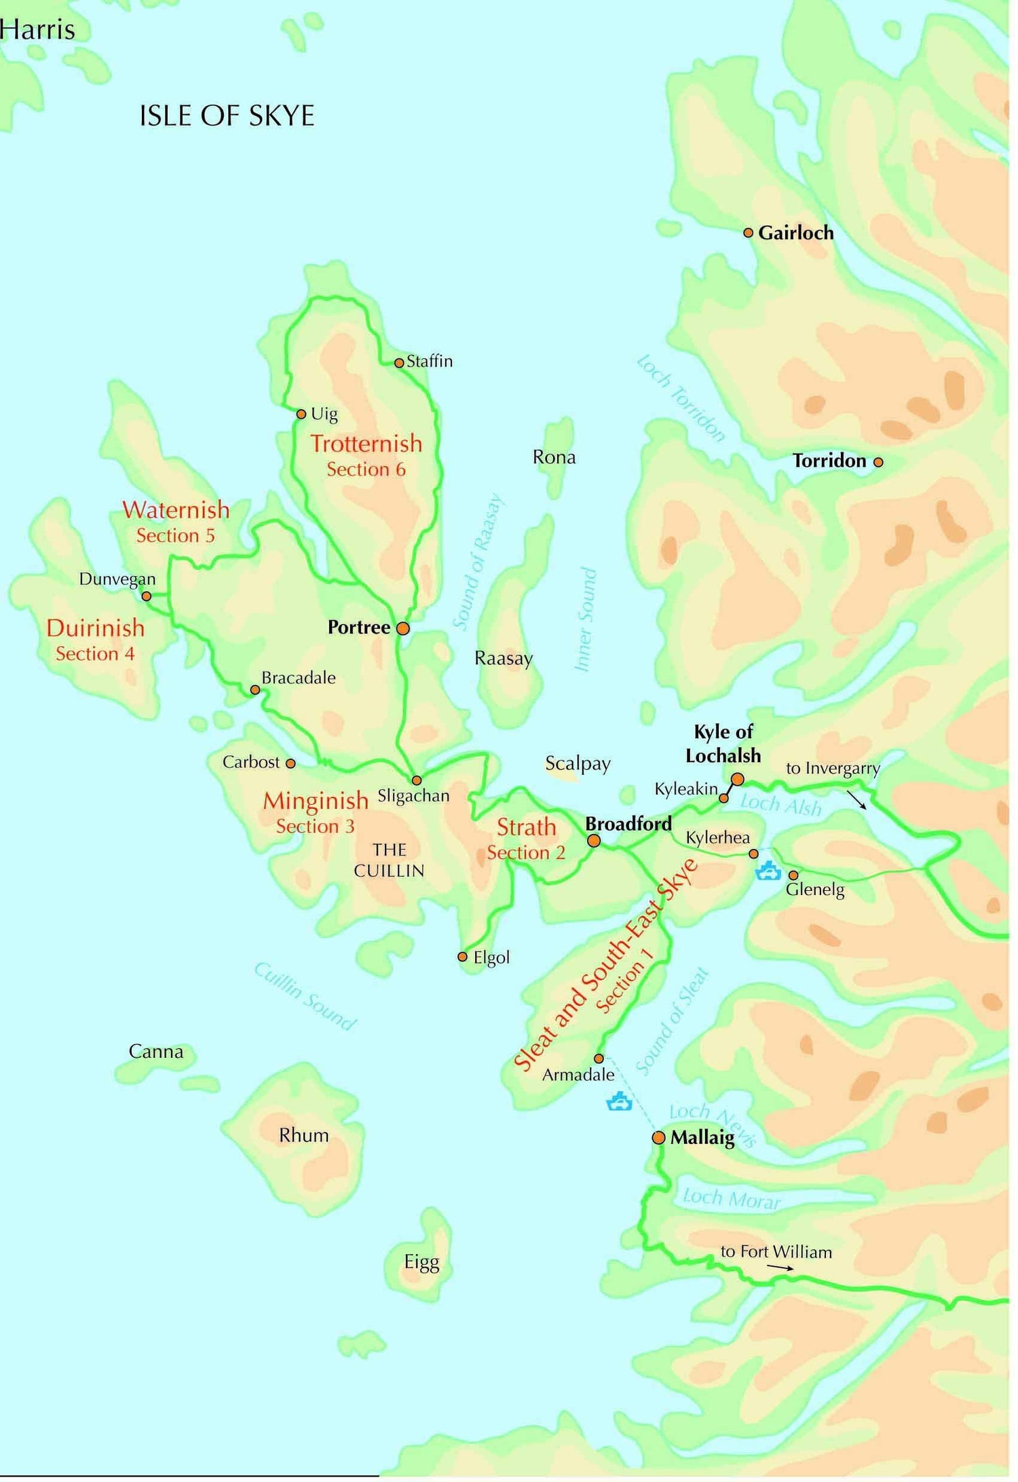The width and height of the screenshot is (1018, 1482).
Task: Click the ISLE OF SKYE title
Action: point(227,116)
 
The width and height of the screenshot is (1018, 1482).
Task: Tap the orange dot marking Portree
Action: point(403,628)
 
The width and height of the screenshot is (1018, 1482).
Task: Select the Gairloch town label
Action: point(795,233)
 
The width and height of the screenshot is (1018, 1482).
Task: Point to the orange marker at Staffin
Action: point(399,363)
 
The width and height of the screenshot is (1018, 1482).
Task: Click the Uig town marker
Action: point(301,414)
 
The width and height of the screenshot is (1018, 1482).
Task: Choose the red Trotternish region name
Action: point(366,444)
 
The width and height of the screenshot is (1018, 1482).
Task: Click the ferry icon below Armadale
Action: point(619,1101)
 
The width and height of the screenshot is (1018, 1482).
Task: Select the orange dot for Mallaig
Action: point(658,1137)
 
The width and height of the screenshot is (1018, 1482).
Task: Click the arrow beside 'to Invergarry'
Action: point(856,799)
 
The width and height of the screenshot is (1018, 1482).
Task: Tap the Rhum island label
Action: point(303,1135)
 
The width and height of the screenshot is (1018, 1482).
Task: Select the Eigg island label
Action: point(421,1262)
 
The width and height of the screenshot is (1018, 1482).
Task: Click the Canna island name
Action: point(156,1052)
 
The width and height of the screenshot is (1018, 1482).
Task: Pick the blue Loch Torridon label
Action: point(681,398)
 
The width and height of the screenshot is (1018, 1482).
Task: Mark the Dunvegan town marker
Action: point(146,596)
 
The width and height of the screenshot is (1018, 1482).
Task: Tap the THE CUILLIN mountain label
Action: point(389,860)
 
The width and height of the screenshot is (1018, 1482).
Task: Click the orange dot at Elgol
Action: point(462,957)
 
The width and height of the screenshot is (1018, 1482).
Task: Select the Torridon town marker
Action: point(878,462)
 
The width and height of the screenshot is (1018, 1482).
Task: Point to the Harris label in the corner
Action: point(37,30)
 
